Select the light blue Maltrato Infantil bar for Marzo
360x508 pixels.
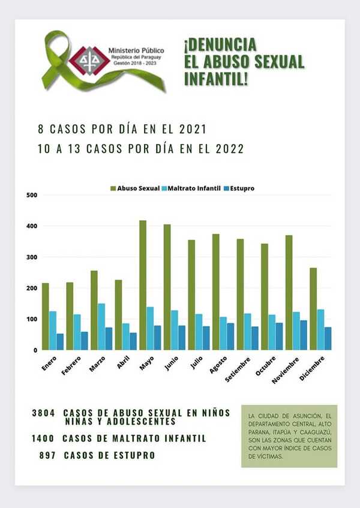tap(101, 326)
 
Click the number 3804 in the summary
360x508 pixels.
tap(44, 413)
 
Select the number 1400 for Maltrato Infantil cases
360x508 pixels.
tap(44, 438)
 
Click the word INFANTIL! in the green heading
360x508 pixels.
tap(224, 77)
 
